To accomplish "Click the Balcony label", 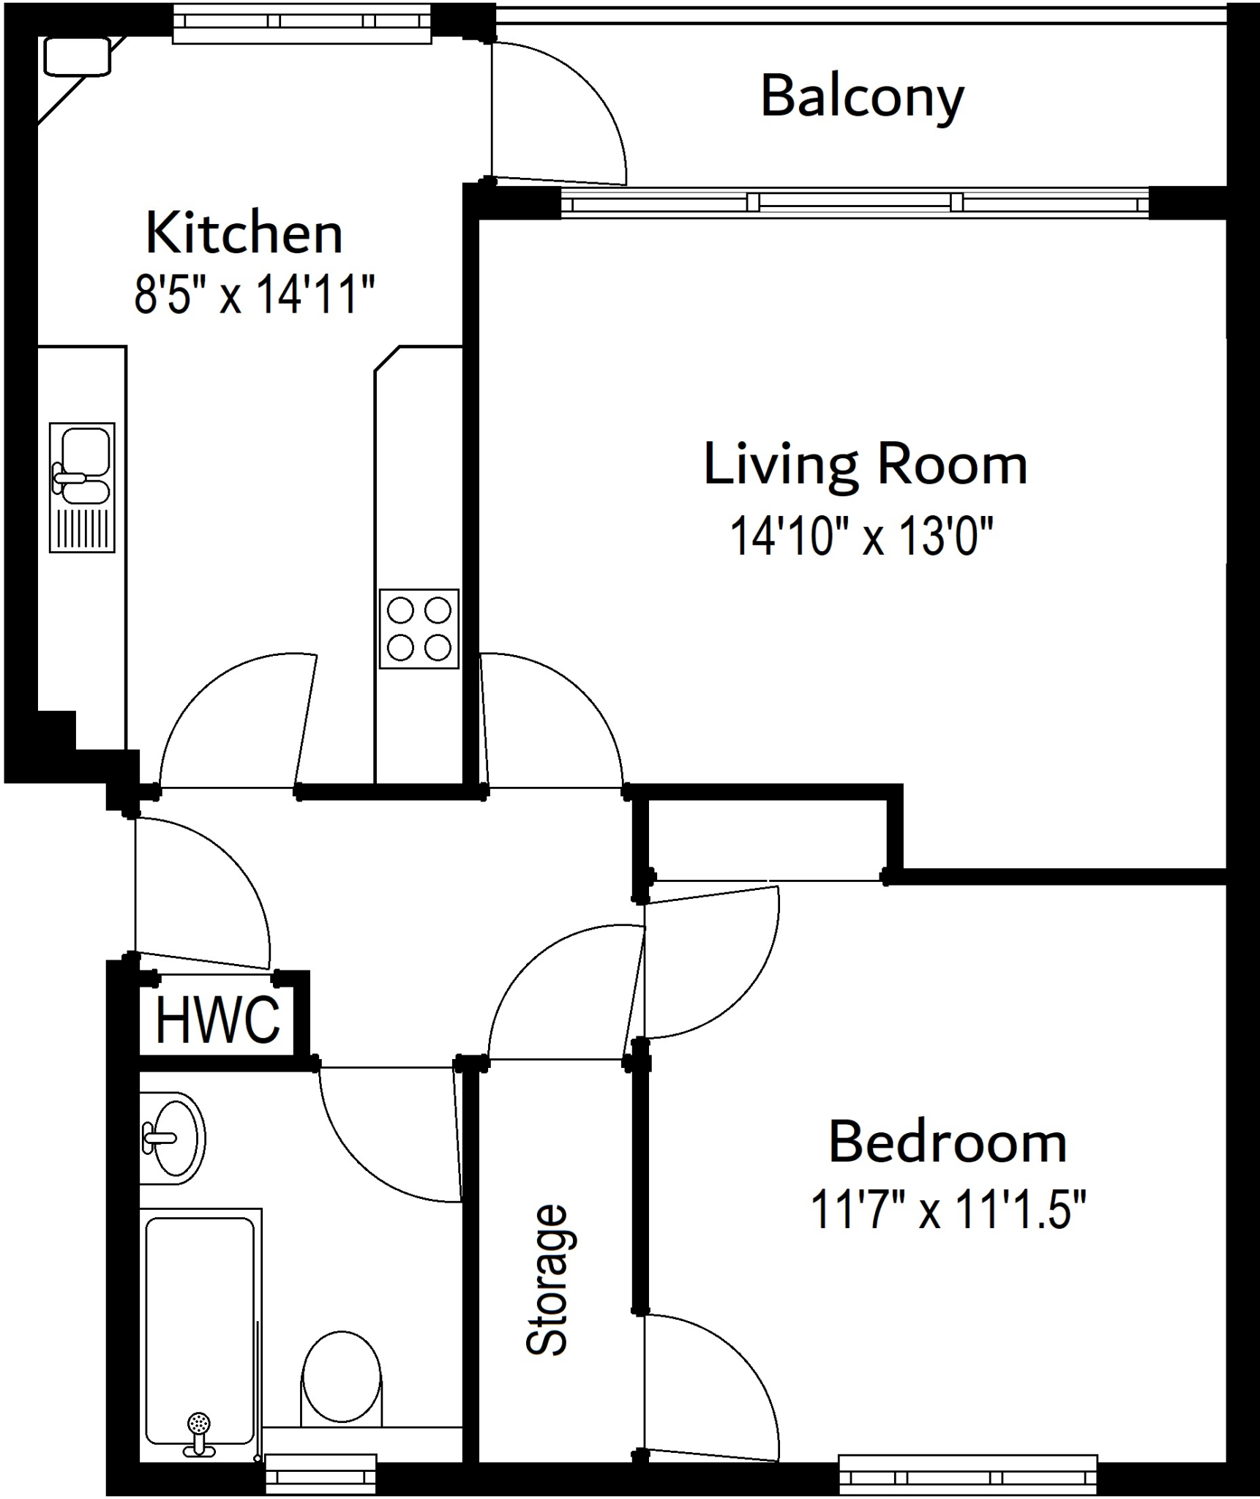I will pos(862,97).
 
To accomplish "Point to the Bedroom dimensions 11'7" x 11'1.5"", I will pos(948,1210).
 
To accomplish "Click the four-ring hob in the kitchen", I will pos(419,629).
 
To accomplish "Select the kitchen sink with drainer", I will pos(82,487).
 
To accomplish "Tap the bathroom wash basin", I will pos(174,1138).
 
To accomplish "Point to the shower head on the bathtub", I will pos(198,1424).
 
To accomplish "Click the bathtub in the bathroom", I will pos(200,1328).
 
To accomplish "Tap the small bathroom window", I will pos(320,1473).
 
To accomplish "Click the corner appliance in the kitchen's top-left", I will pos(77,56).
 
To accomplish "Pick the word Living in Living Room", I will pos(779,466).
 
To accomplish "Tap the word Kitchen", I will pos(244,233).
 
